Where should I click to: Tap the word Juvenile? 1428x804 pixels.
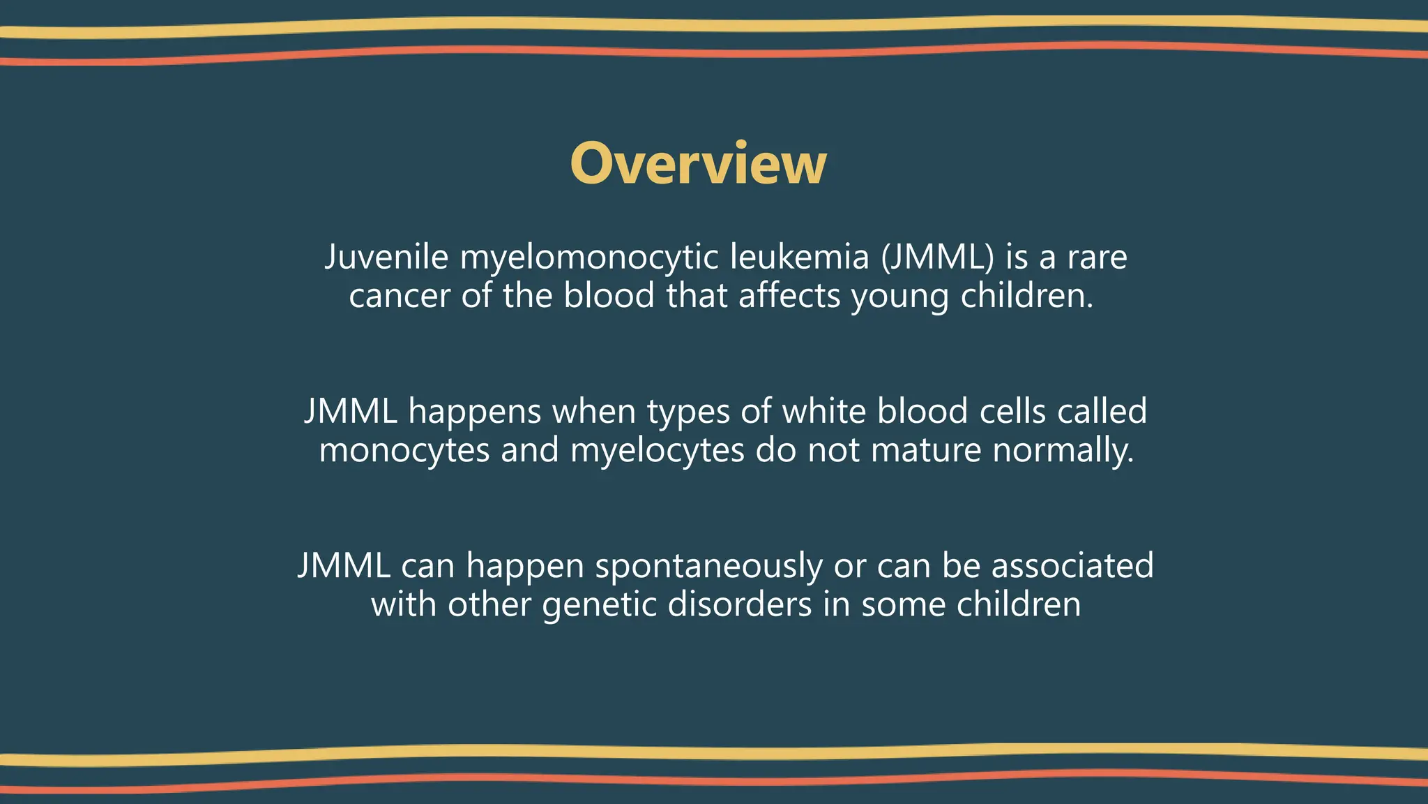(x=386, y=257)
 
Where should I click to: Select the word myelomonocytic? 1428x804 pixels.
(x=589, y=258)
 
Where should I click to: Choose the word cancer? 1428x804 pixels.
(x=400, y=296)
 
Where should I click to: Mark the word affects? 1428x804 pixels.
(x=789, y=295)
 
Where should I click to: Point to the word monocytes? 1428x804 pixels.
(x=404, y=450)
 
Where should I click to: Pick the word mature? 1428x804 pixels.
(x=925, y=450)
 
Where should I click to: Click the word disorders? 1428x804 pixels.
(x=740, y=604)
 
